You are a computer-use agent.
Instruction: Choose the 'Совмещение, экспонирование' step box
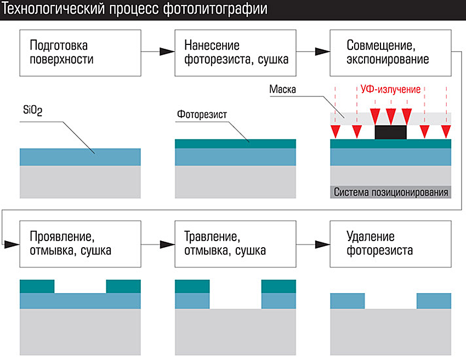390,52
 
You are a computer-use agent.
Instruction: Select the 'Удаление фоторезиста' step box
390,244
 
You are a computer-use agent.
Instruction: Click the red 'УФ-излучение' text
390,89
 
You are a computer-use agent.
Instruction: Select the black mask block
390,132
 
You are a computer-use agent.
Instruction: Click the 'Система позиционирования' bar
390,192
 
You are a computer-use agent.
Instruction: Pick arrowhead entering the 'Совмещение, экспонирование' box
323,52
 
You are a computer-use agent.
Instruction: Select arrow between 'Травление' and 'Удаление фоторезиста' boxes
312,244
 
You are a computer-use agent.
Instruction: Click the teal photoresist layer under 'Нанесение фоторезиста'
236,144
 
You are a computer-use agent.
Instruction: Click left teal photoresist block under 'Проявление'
37,287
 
